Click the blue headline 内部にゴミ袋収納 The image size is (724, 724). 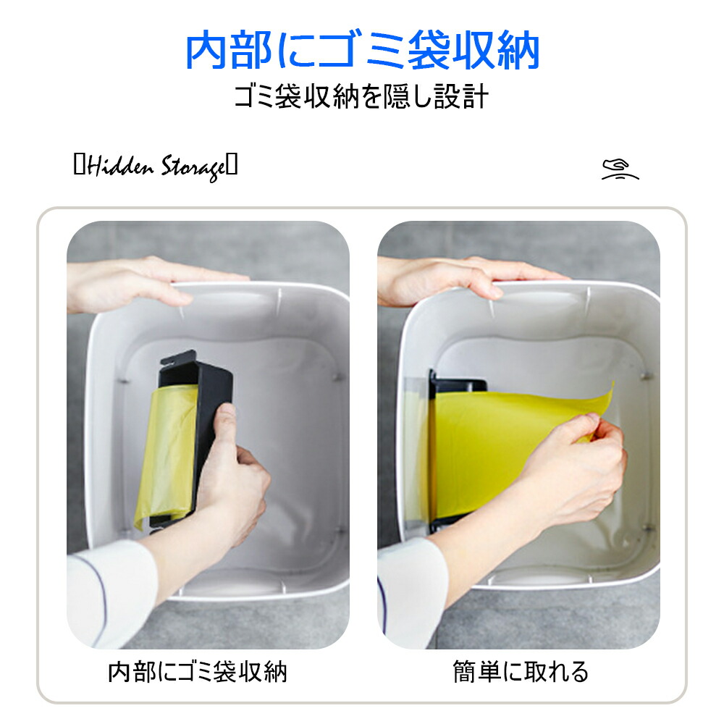pyautogui.click(x=362, y=50)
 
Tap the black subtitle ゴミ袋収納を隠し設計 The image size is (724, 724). pyautogui.click(x=361, y=96)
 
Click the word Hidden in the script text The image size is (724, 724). pyautogui.click(x=120, y=167)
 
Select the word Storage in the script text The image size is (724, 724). pyautogui.click(x=194, y=168)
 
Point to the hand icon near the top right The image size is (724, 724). pyautogui.click(x=620, y=169)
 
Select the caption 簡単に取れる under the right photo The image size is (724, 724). pyautogui.click(x=521, y=671)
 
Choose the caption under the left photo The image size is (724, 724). pyautogui.click(x=197, y=671)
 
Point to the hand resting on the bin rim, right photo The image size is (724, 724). pyautogui.click(x=466, y=280)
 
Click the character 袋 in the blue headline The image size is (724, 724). pyautogui.click(x=429, y=51)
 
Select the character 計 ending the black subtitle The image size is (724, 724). pyautogui.click(x=475, y=96)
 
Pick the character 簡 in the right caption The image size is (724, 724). pyautogui.click(x=464, y=671)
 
